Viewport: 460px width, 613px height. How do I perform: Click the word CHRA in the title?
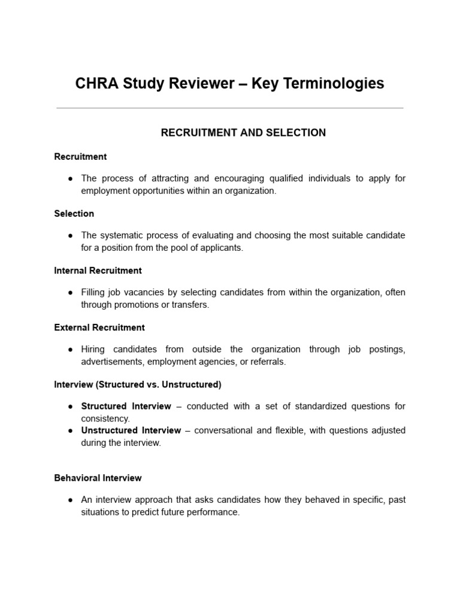point(96,84)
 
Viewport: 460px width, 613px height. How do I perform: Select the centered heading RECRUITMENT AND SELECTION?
point(243,133)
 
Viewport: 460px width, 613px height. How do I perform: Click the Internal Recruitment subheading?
point(98,271)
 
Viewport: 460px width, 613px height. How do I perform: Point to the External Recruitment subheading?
point(99,327)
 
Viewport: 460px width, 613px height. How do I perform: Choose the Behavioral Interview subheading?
point(98,478)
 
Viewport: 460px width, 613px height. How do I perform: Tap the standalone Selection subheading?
point(74,214)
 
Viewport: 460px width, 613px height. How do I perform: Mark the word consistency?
point(105,418)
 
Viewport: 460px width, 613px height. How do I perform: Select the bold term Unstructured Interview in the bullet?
point(131,430)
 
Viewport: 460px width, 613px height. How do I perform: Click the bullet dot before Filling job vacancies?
point(70,293)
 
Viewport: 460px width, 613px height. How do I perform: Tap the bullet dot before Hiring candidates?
point(70,350)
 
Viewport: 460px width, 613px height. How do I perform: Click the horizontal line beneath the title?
point(229,108)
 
